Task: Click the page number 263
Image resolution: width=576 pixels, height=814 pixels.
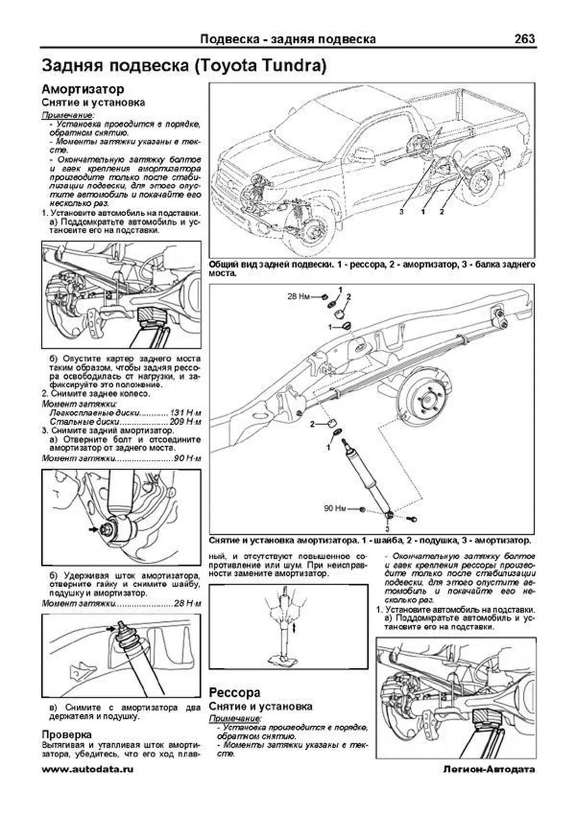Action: [x=524, y=39]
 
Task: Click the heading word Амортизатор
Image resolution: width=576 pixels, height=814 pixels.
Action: [x=83, y=89]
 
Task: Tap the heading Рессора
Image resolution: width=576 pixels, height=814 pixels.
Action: [x=235, y=692]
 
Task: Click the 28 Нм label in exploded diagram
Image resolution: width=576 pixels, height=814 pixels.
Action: [x=299, y=297]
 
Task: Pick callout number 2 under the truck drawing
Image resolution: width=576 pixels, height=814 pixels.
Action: [x=441, y=211]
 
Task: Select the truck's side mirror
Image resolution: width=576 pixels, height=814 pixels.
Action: [x=364, y=154]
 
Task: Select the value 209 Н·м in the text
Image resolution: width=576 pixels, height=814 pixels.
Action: [x=185, y=422]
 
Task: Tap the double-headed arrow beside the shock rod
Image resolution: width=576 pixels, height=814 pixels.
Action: [x=293, y=628]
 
